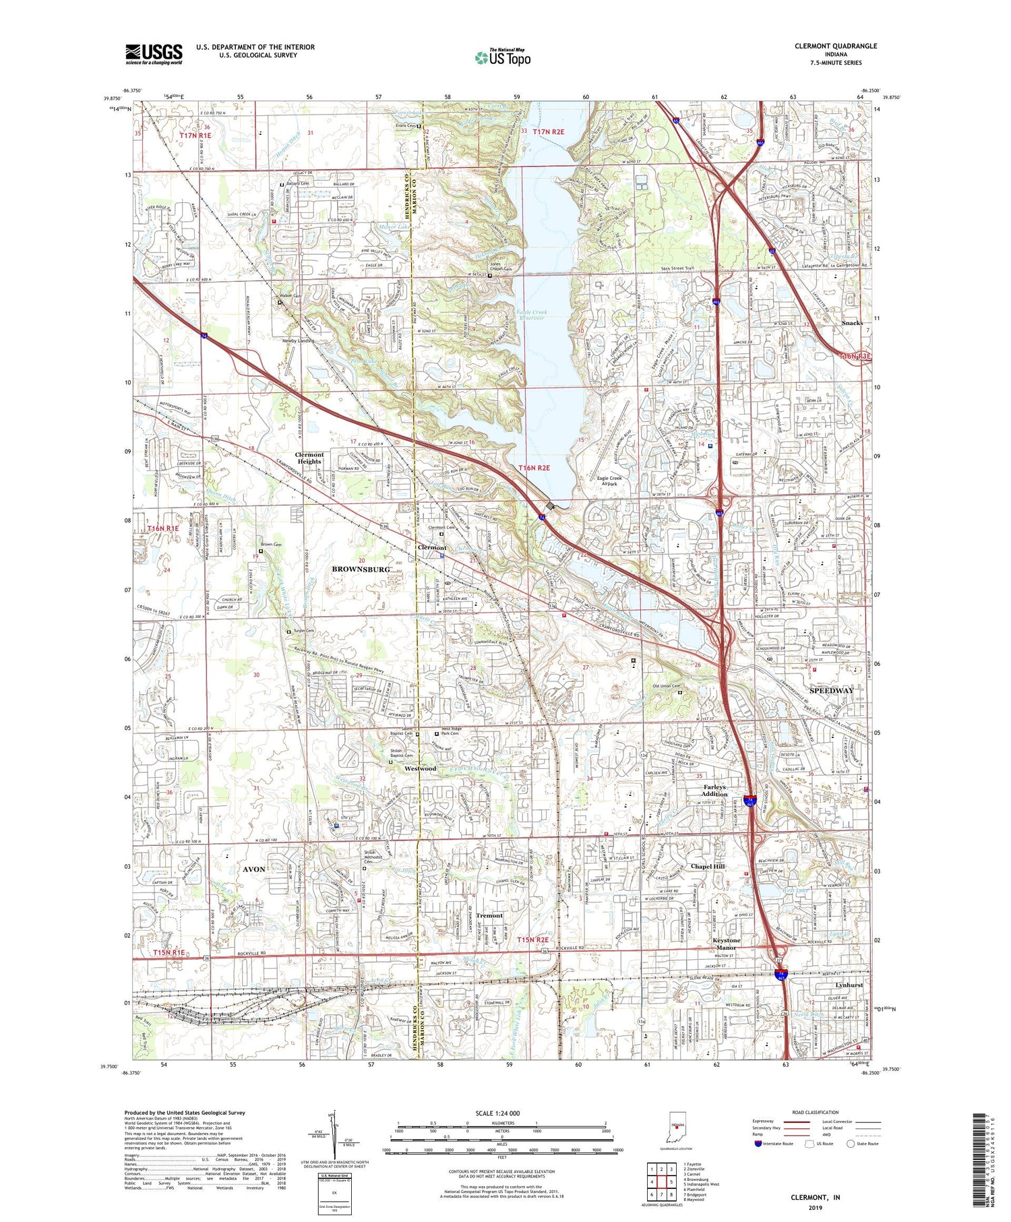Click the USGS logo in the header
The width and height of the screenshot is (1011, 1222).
tap(154, 53)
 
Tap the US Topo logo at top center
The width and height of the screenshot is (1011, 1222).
tap(502, 57)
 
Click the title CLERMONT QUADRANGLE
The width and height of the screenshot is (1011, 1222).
tap(835, 46)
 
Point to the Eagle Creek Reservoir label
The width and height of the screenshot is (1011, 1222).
tap(532, 315)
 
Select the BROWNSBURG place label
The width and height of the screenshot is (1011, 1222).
tap(361, 570)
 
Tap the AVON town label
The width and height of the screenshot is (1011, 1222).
tap(254, 869)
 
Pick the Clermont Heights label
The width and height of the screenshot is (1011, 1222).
tap(309, 458)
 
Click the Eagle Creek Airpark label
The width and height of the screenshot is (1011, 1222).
tap(609, 481)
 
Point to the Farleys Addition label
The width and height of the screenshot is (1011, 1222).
tap(715, 791)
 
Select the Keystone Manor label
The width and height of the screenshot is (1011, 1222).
tap(727, 944)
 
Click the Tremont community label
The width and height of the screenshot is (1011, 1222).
tap(489, 915)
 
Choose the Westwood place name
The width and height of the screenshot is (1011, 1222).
tap(421, 768)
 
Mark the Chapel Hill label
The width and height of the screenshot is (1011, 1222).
tap(708, 866)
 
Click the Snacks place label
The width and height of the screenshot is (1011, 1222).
tap(852, 323)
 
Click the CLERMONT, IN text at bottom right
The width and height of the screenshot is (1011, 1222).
tap(816, 1197)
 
